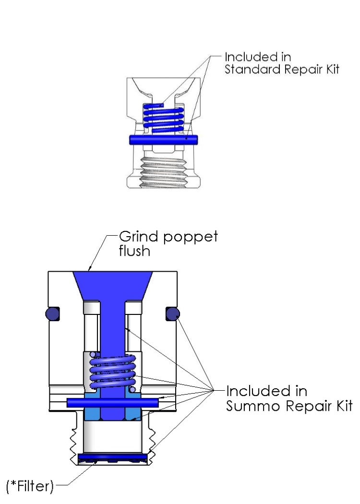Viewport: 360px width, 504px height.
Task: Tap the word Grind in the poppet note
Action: coord(133,237)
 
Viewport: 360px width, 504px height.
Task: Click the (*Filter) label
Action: coord(29,487)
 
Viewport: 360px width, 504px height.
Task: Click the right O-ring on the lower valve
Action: coord(172,314)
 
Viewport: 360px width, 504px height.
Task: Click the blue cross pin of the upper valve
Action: coord(164,139)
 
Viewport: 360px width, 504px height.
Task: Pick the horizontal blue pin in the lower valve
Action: coord(113,402)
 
